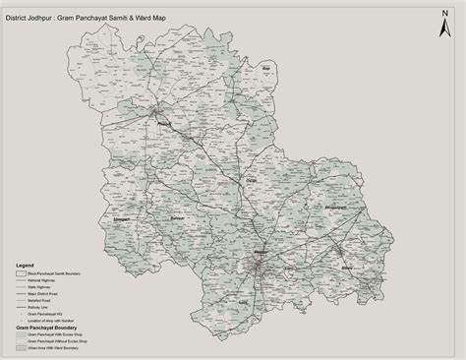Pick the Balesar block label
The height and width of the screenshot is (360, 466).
coord(177,216)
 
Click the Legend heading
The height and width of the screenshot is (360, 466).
coord(25,266)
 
